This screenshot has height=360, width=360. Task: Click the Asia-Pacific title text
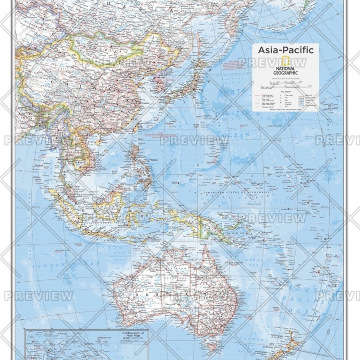[285, 50]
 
